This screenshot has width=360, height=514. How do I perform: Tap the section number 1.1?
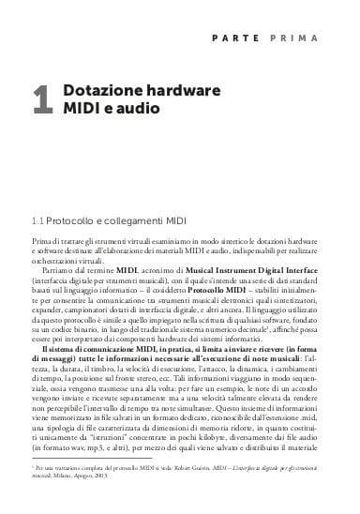38,220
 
